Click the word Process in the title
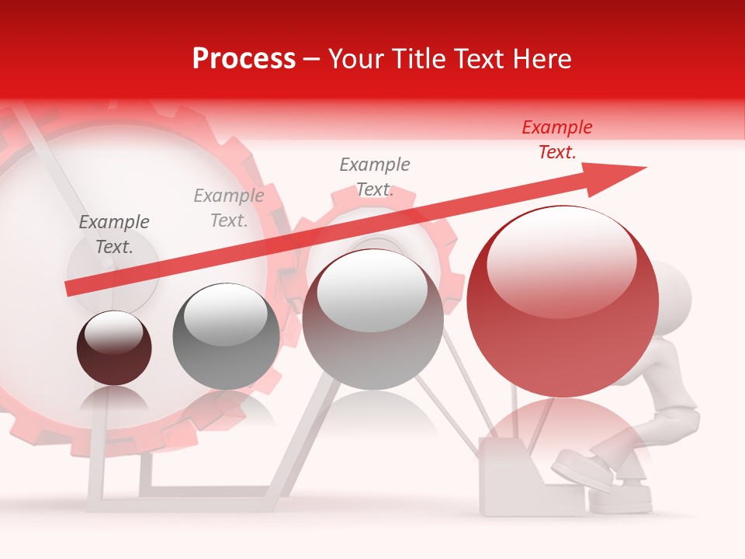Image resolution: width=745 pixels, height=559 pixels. pyautogui.click(x=244, y=58)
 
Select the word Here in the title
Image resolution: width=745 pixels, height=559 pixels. pyautogui.click(x=542, y=58)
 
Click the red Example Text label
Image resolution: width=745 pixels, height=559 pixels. pyautogui.click(x=557, y=140)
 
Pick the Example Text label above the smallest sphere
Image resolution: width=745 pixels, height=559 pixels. pyautogui.click(x=114, y=234)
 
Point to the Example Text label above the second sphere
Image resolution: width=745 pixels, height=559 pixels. pyautogui.click(x=229, y=208)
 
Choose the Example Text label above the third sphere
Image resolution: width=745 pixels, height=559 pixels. pyautogui.click(x=375, y=177)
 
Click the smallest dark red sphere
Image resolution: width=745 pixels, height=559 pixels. pyautogui.click(x=114, y=348)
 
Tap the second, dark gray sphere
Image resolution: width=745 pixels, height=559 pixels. pyautogui.click(x=226, y=336)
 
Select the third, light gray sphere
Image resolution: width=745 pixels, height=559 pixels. pyautogui.click(x=372, y=320)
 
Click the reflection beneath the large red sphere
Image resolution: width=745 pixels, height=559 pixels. pyautogui.click(x=563, y=435)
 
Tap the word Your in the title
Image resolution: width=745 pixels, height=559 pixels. pyautogui.click(x=355, y=58)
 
